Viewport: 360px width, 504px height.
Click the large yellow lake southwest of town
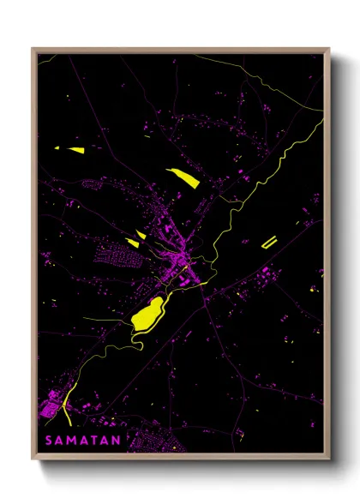[x=148, y=315]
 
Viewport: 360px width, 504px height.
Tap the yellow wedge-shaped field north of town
[x=183, y=177]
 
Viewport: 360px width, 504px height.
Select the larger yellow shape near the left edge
[x=75, y=150]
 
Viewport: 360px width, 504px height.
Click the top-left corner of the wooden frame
[x=33, y=49]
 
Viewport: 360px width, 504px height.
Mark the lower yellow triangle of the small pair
[x=133, y=243]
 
